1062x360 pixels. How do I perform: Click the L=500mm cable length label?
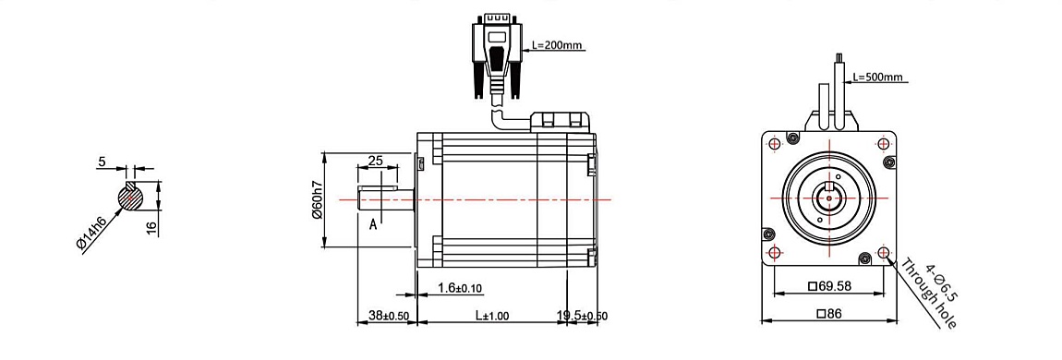tap(878, 77)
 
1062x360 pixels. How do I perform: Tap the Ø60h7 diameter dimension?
tap(317, 201)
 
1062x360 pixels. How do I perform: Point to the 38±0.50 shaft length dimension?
tap(389, 316)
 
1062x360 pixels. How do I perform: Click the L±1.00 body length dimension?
tap(491, 316)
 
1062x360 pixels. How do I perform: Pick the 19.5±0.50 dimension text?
tap(582, 316)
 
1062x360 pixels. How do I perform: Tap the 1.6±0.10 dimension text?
tap(460, 288)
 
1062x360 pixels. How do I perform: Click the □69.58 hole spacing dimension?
tap(829, 285)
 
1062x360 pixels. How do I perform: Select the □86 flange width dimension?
tap(829, 313)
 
